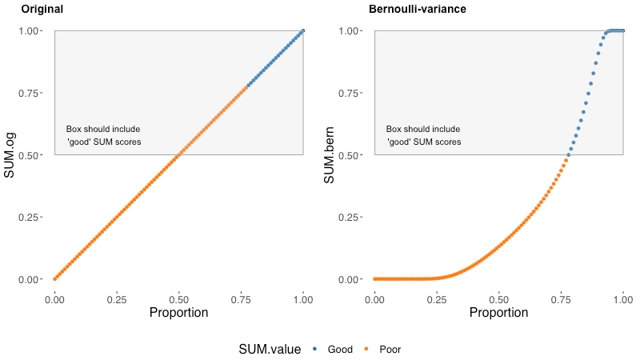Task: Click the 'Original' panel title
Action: [x=42, y=9]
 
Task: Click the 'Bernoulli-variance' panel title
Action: [x=417, y=9]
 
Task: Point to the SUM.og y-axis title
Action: [x=9, y=155]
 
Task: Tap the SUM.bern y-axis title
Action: [x=329, y=155]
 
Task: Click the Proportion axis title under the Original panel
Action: [x=178, y=312]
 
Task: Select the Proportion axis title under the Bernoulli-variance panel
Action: [x=498, y=312]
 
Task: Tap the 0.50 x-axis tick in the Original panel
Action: [x=178, y=299]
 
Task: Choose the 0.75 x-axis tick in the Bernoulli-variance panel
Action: [x=561, y=299]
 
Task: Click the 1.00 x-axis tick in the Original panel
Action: [x=303, y=299]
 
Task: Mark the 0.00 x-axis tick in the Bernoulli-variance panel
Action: [x=374, y=299]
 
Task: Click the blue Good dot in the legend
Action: [x=314, y=349]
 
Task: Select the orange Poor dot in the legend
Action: [x=366, y=349]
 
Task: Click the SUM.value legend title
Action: [x=270, y=350]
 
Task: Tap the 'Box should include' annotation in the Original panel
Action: [x=103, y=129]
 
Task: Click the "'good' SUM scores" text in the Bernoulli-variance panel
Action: [x=424, y=142]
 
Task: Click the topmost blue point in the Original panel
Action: [x=303, y=31]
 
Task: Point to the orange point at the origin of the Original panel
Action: [x=54, y=279]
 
